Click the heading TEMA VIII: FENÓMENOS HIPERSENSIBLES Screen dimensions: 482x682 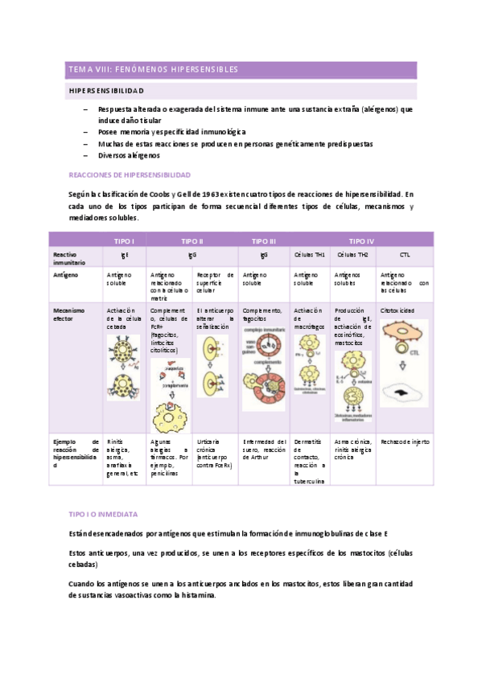point(153,69)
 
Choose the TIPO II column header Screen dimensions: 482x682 point(192,240)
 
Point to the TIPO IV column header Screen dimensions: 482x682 point(360,240)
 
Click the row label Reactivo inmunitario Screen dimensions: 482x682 point(68,257)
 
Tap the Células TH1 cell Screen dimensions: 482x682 point(309,253)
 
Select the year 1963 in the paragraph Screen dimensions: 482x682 point(210,194)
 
